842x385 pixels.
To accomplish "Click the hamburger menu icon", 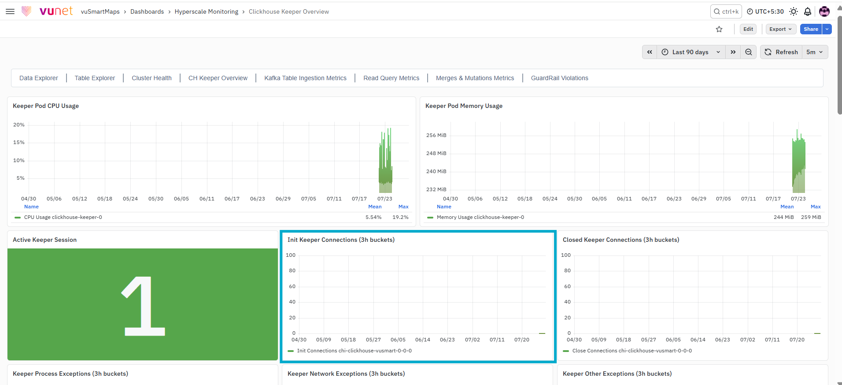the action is point(10,11).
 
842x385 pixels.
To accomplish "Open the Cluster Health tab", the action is point(151,78).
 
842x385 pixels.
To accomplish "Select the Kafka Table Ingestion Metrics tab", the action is point(305,78).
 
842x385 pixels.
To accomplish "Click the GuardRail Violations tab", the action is point(559,78).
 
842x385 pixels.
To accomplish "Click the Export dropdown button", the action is point(780,29).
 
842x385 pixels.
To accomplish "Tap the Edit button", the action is point(748,29).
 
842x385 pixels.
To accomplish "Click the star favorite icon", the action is point(719,29).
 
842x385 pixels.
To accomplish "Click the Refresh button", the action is point(781,52).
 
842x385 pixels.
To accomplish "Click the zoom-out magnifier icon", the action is point(749,52).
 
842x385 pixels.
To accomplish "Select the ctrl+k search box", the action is point(726,11).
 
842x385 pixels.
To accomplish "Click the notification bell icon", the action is point(808,11).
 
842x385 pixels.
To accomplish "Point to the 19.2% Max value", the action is point(400,217).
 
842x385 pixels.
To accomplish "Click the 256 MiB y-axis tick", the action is point(436,135).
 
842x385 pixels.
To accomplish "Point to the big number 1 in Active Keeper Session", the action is point(143,306).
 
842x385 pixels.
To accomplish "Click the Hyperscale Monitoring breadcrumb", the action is point(206,11).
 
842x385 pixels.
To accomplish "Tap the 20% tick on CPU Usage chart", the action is point(19,125).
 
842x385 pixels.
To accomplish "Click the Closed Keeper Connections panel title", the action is point(621,240).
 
